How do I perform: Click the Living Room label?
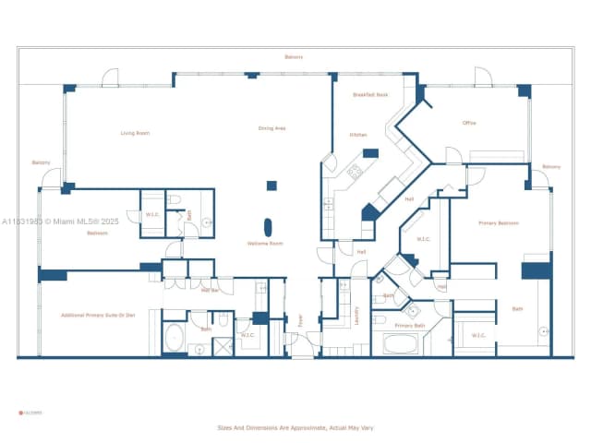[x=135, y=133]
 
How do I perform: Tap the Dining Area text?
[x=271, y=128]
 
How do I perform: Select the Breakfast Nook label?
[x=370, y=95]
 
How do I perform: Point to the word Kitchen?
[x=358, y=135]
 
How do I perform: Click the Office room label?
[x=469, y=123]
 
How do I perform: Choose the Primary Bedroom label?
[x=498, y=223]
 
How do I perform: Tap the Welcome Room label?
[x=264, y=244]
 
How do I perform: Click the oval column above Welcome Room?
[x=269, y=227]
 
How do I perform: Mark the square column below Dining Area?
[x=271, y=186]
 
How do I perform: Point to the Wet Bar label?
[x=210, y=290]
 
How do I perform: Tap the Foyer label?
[x=299, y=320]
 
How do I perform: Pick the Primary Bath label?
[x=409, y=326]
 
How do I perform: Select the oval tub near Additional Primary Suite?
[x=174, y=339]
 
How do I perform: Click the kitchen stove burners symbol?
[x=355, y=171]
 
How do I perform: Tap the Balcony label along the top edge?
[x=294, y=57]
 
